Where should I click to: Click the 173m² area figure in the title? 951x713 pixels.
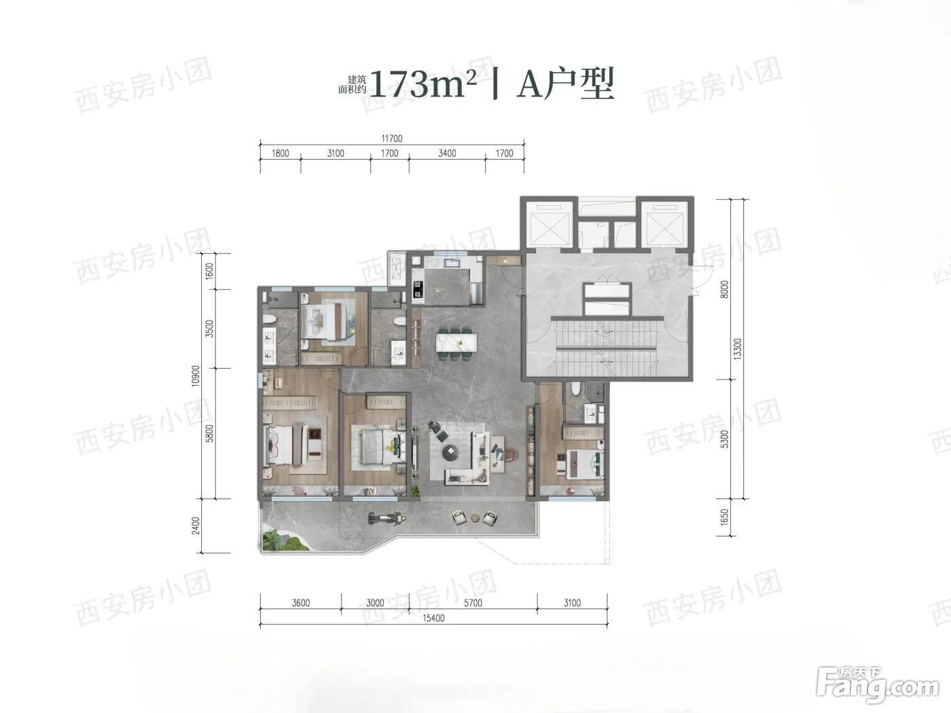point(423,84)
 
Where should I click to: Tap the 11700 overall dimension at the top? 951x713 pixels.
point(392,139)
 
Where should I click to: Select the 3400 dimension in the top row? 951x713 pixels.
point(447,153)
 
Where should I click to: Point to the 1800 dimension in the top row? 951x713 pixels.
point(281,153)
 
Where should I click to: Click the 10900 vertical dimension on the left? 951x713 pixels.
point(196,376)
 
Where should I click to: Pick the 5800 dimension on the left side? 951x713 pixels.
point(210,433)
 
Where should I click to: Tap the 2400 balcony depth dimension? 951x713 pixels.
point(196,526)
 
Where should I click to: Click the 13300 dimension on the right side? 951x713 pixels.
point(738,349)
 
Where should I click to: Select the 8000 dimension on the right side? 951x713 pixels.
point(725,289)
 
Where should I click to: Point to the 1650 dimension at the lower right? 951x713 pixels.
point(725,517)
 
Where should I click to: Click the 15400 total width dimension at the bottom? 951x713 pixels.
point(433,618)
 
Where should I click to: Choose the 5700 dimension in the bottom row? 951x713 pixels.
point(473,602)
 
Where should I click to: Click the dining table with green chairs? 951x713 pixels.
point(456,344)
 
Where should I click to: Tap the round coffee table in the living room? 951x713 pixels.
point(450,452)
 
